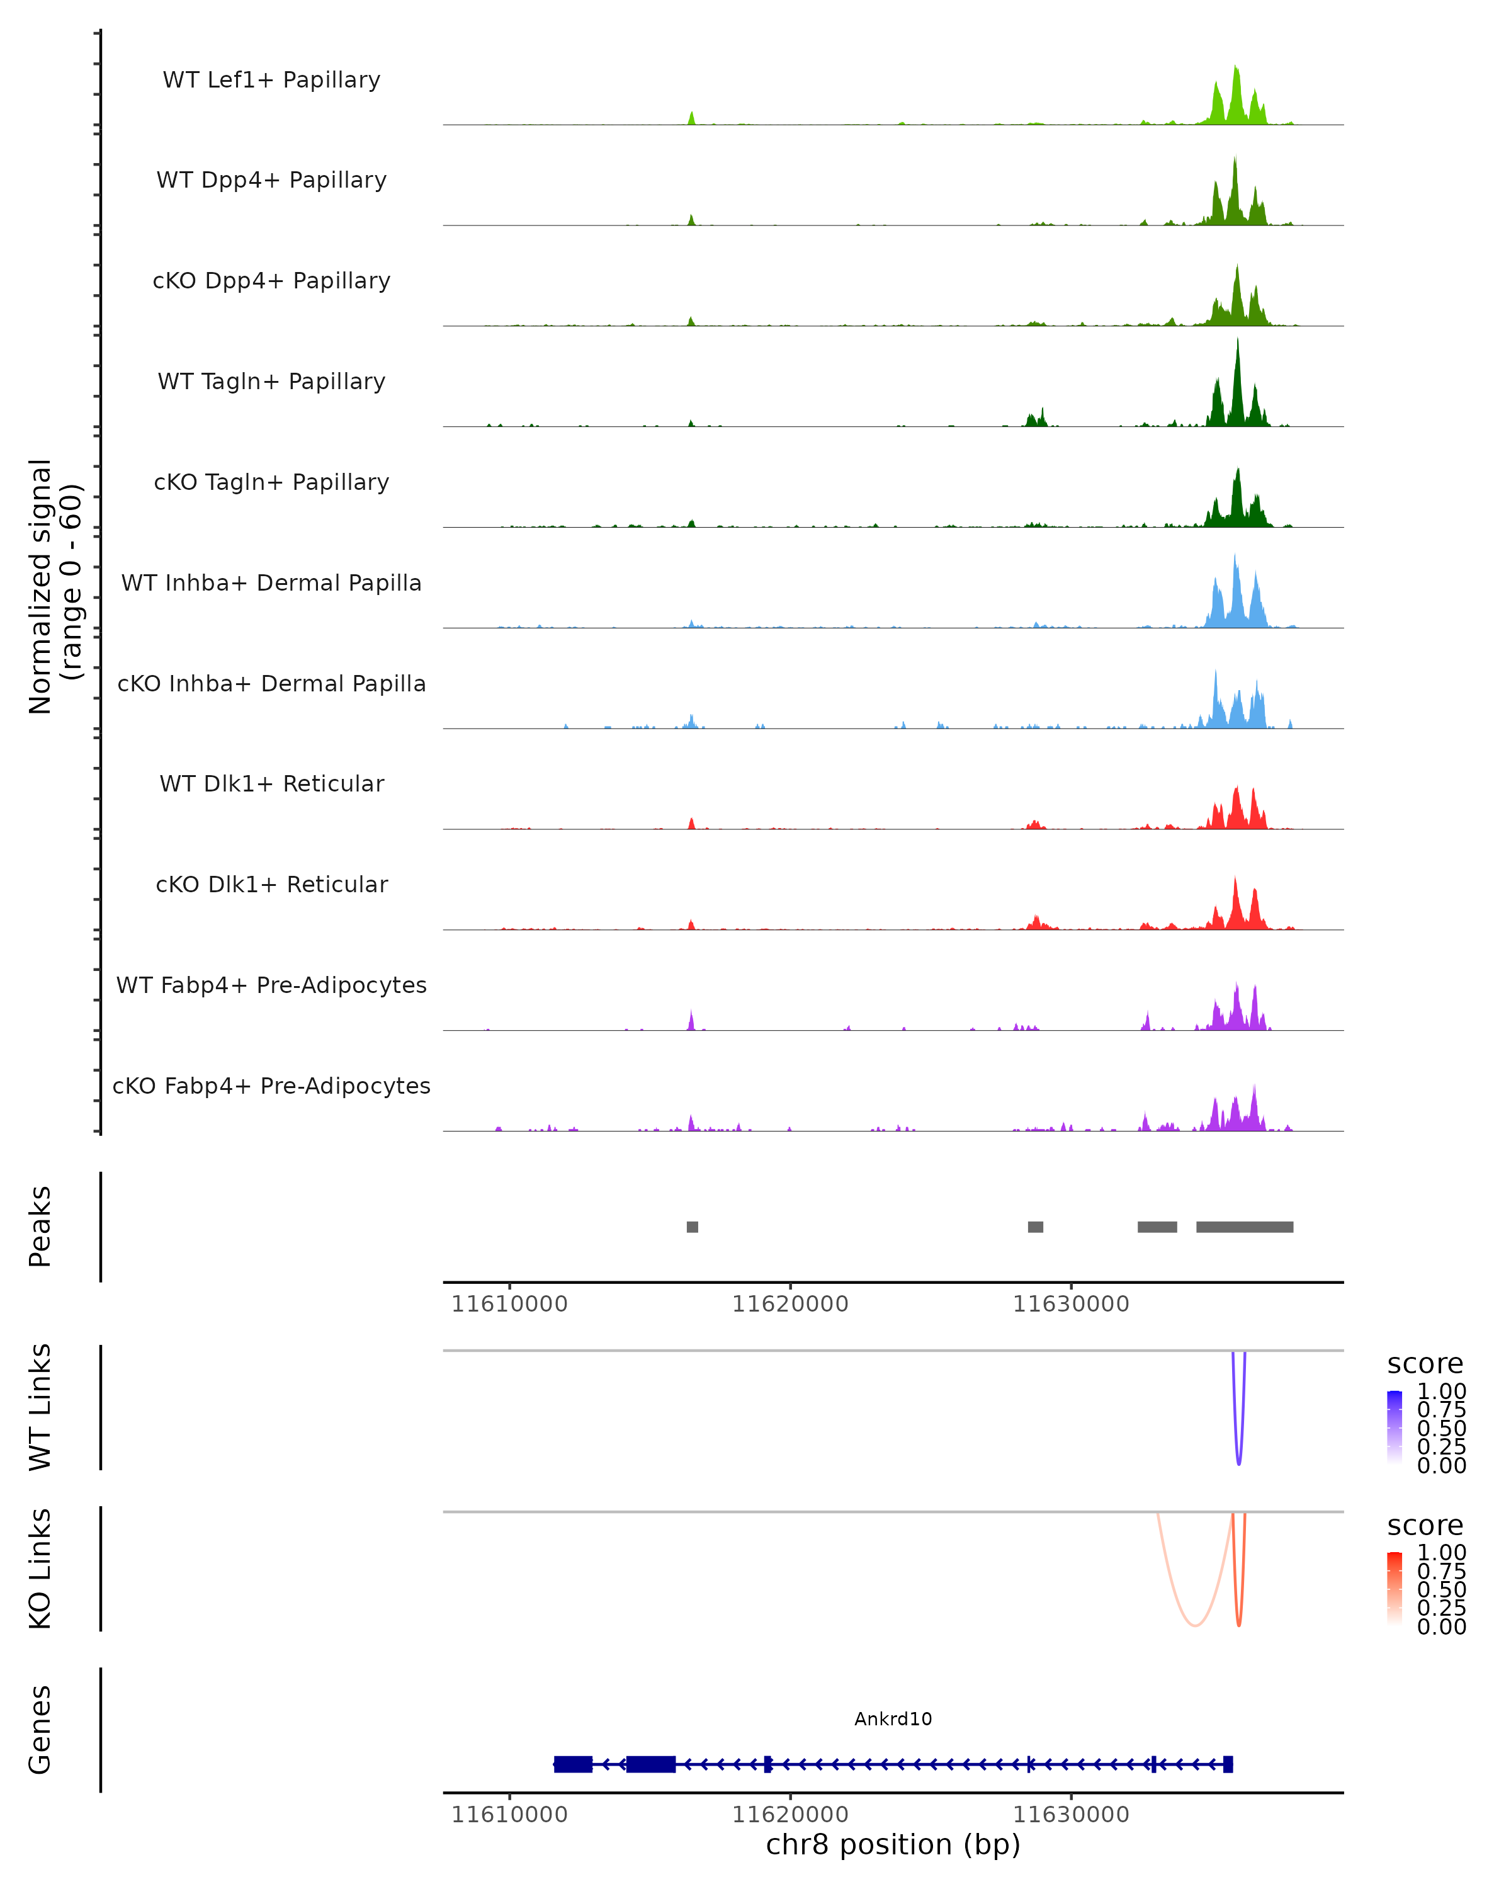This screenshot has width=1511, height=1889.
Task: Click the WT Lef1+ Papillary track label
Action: pos(271,80)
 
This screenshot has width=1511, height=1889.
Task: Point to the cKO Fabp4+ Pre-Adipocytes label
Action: pos(271,1086)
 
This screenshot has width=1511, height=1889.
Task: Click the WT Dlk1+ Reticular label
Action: pos(271,784)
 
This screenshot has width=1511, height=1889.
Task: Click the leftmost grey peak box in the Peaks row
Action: pos(692,1227)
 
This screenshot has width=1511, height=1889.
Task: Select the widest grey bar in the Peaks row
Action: pos(1244,1227)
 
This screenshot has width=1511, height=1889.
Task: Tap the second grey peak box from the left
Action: pos(1036,1227)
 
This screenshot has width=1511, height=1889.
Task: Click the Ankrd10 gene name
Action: pos(893,1719)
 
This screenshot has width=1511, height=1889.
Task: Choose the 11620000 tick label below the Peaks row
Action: pos(790,1305)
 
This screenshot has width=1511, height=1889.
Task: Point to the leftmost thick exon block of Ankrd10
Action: pos(573,1764)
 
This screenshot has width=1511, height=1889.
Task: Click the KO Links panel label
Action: pos(40,1568)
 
